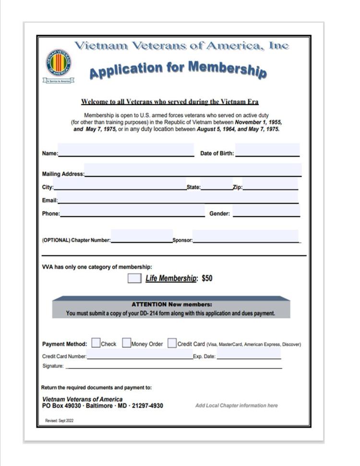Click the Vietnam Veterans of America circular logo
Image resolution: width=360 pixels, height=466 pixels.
(59, 63)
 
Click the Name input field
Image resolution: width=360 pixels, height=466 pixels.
(126, 150)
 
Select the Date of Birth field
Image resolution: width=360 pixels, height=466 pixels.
(267, 150)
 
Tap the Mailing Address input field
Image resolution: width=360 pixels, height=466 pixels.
(193, 170)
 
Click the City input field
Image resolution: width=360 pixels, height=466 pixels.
(120, 184)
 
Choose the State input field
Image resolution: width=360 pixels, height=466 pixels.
(216, 184)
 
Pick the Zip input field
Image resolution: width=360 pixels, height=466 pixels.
(270, 184)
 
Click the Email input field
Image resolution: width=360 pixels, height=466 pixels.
(178, 197)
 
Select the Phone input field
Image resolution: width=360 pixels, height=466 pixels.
(132, 211)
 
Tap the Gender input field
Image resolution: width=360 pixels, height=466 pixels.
(266, 211)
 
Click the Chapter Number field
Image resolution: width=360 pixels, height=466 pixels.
(142, 236)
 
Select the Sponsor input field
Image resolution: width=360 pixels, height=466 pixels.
(245, 236)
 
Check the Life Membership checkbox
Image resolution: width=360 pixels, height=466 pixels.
(134, 278)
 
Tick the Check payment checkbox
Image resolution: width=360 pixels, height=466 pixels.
(96, 343)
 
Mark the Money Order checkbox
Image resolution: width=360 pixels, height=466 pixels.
(127, 343)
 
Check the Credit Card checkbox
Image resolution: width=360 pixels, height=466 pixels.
(172, 343)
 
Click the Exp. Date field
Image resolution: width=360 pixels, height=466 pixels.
(249, 354)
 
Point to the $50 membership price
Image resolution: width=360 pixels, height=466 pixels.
(207, 278)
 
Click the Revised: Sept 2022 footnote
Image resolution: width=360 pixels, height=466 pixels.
(59, 420)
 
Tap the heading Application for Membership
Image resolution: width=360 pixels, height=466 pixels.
(178, 70)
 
